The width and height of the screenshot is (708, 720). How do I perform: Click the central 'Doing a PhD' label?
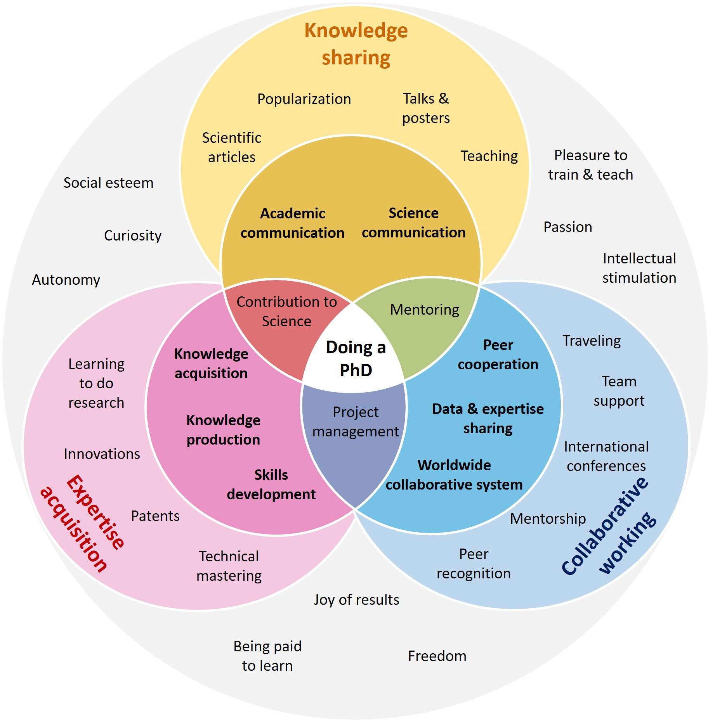[x=356, y=358]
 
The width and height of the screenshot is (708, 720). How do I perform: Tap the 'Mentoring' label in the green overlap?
[x=425, y=310]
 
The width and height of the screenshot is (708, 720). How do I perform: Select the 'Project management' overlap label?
[x=356, y=422]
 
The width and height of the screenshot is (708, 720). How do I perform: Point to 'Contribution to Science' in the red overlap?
[x=287, y=312]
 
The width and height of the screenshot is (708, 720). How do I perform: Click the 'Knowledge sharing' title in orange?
[x=356, y=44]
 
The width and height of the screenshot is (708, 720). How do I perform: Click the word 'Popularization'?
[x=304, y=99]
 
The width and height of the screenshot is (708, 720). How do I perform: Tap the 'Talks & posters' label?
[x=426, y=108]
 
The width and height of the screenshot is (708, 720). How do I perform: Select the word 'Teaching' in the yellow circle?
[x=489, y=156]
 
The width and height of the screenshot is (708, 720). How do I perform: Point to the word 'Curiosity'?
[x=133, y=235]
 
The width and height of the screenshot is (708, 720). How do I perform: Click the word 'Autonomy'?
[x=66, y=280]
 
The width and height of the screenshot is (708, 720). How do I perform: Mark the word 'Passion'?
[x=567, y=227]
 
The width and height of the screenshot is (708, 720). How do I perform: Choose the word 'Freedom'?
[x=437, y=656]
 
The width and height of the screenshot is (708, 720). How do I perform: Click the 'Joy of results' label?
[x=356, y=600]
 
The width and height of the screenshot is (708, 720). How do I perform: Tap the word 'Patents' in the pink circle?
[x=155, y=516]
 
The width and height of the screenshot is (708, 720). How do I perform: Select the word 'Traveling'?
[x=592, y=341]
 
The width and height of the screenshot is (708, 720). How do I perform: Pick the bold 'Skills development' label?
[x=271, y=485]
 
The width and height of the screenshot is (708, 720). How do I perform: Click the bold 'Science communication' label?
[x=413, y=223]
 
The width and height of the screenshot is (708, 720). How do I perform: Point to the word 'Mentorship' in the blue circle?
[x=548, y=519]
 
